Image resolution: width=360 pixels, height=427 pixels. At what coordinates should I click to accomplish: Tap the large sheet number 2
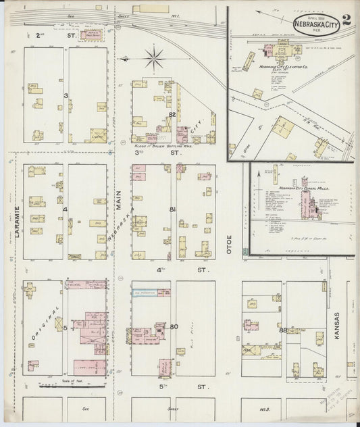tap(346, 18)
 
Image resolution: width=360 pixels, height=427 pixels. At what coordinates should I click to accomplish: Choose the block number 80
tap(174, 327)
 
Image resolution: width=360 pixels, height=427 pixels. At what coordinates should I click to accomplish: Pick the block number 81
tap(173, 209)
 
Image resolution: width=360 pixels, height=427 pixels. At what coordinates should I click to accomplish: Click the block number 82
tap(172, 115)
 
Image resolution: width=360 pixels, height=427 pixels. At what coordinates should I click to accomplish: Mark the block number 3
tap(66, 96)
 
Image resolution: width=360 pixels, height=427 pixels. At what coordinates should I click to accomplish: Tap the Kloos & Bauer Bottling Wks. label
tap(155, 145)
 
